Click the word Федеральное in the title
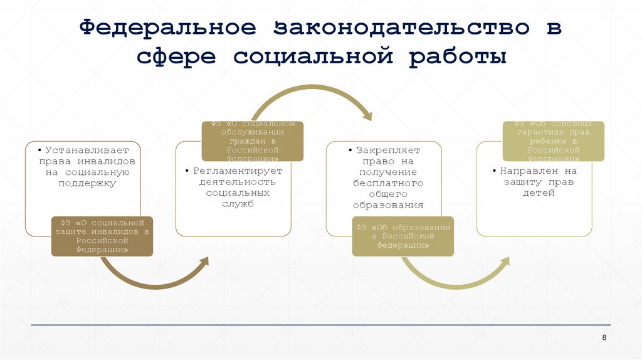coord(167,28)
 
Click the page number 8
coord(604,337)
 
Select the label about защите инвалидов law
coord(102,236)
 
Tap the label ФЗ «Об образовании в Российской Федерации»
coord(403,236)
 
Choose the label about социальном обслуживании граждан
coord(252,141)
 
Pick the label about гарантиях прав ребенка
coord(554,141)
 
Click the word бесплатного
coord(388,183)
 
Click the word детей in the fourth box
coord(539,193)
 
